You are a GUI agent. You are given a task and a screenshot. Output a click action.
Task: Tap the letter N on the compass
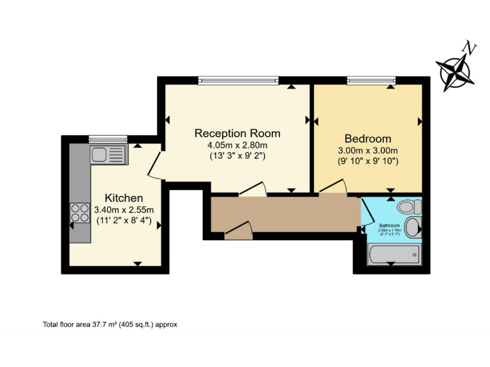[470, 48]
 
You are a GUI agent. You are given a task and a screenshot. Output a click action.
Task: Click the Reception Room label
[237, 133]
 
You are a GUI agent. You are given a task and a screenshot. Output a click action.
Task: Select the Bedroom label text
[367, 138]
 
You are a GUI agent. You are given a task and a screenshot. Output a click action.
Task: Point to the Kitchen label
[124, 198]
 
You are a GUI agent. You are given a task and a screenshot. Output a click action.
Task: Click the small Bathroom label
[389, 226]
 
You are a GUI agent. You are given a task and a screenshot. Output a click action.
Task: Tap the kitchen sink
[109, 154]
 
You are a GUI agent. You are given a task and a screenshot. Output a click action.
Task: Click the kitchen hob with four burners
[80, 213]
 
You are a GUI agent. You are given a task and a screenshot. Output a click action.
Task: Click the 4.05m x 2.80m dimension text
[237, 145]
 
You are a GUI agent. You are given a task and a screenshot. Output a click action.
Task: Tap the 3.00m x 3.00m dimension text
[367, 150]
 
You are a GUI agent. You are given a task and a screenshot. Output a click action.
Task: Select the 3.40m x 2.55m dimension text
[124, 210]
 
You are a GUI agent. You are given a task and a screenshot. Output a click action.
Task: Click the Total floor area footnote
[110, 324]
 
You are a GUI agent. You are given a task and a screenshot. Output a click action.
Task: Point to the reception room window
[238, 80]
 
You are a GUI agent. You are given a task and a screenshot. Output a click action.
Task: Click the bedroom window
[371, 80]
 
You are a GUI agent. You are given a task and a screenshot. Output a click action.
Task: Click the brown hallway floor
[287, 215]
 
